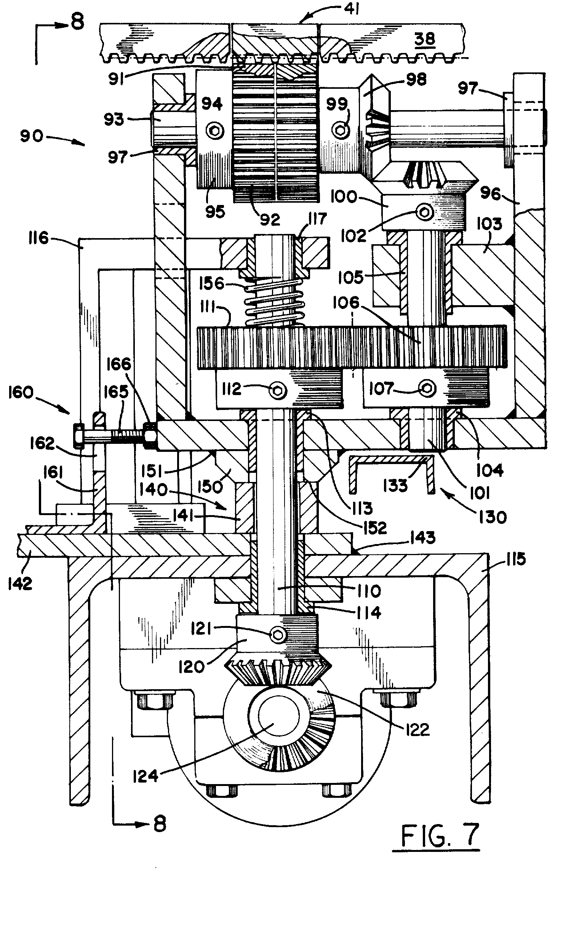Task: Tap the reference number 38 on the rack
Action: tap(425, 39)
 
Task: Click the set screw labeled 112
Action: tap(278, 391)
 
